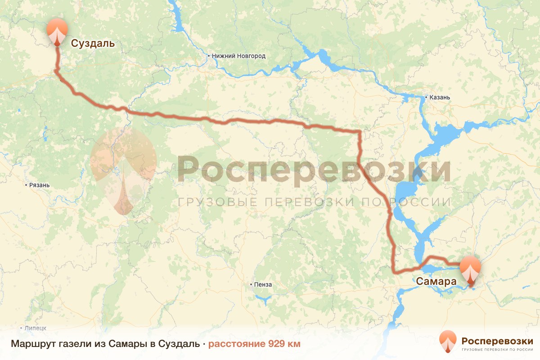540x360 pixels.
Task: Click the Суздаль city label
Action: [x=93, y=44]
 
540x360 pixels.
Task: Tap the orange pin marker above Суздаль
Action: [x=58, y=30]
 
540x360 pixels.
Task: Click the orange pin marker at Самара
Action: [x=470, y=269]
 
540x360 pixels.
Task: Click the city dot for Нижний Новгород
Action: [x=209, y=56]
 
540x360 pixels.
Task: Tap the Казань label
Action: [x=440, y=97]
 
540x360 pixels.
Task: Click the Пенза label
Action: [x=263, y=284]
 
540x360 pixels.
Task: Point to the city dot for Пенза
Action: [x=251, y=284]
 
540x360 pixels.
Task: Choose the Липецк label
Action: [x=36, y=328]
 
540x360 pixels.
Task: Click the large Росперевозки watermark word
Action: [x=314, y=170]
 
